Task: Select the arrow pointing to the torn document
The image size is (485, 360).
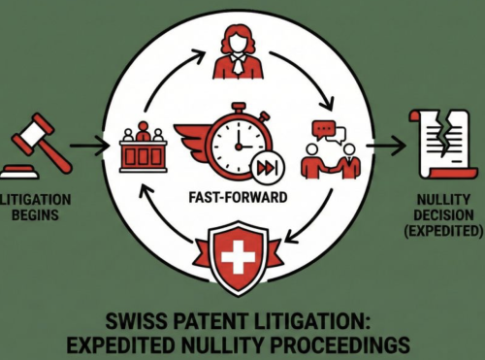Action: [382, 149]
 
